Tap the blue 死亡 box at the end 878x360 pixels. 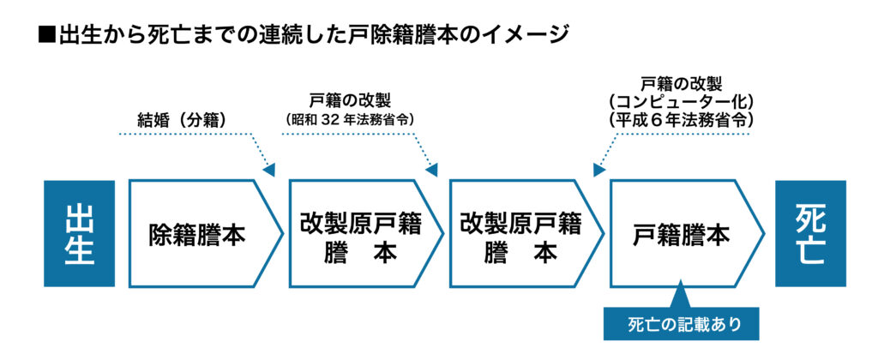(810, 233)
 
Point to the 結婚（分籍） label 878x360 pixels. (183, 120)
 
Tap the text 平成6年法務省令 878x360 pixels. (682, 121)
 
